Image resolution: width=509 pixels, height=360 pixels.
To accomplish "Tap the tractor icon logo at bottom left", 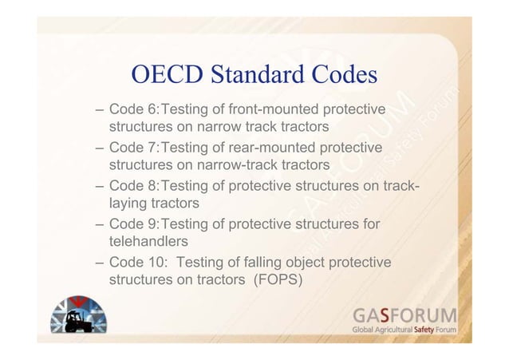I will pos(78,319).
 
